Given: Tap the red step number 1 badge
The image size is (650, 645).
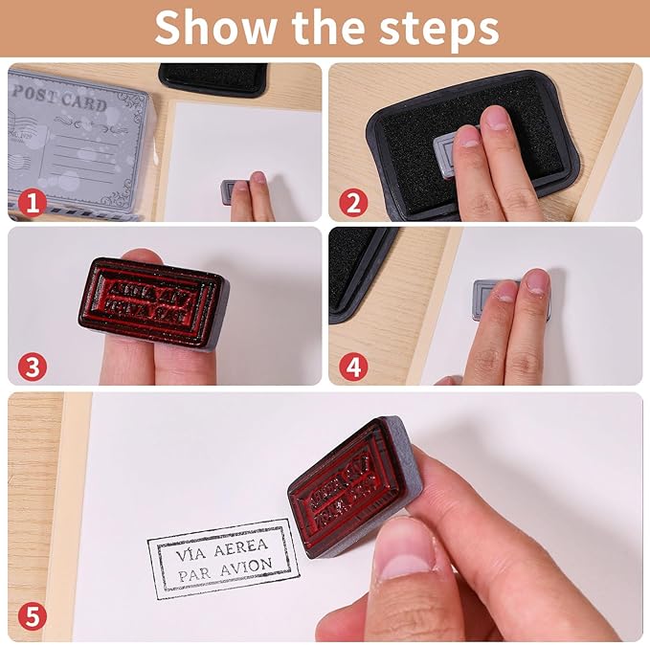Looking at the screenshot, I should pyautogui.click(x=32, y=202).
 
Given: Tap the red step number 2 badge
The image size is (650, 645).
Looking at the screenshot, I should pyautogui.click(x=352, y=202).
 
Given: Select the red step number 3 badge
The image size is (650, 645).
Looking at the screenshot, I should pyautogui.click(x=32, y=366).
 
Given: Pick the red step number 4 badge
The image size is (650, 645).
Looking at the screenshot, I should pyautogui.click(x=352, y=366).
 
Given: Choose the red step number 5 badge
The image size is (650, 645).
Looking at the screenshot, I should pyautogui.click(x=32, y=617).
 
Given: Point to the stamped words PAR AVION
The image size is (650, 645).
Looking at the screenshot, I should pyautogui.click(x=221, y=576).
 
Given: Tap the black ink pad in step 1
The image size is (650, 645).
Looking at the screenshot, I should pyautogui.click(x=213, y=79).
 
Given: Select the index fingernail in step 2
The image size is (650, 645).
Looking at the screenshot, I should pyautogui.click(x=496, y=119).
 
